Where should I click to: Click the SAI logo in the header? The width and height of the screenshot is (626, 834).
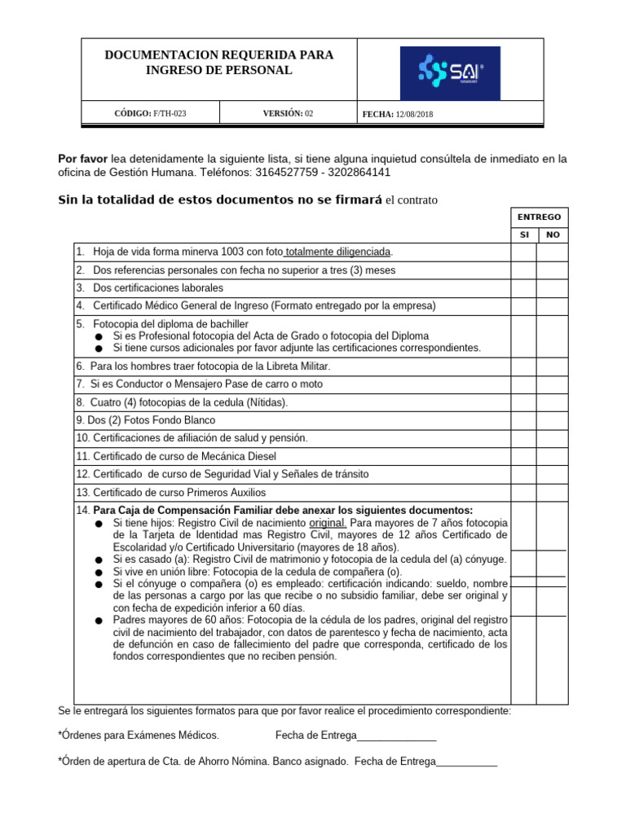click(450, 73)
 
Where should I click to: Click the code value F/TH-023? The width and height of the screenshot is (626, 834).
click(170, 113)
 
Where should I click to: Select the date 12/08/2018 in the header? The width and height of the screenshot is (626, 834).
click(416, 114)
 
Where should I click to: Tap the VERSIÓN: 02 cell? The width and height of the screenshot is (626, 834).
click(287, 113)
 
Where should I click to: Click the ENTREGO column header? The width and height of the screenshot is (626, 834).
click(539, 217)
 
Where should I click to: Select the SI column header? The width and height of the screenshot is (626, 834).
click(524, 235)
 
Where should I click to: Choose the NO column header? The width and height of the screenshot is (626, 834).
click(552, 235)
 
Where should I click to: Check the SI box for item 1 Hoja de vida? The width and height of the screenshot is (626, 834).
click(523, 252)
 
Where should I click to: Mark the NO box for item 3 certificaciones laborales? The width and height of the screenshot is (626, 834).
click(552, 288)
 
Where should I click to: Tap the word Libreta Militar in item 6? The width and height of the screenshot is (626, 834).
click(293, 367)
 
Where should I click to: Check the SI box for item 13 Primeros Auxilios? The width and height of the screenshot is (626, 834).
click(523, 493)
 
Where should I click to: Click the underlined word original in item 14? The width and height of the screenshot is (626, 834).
click(328, 523)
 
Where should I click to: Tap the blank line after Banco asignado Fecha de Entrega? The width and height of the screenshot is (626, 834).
click(466, 762)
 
